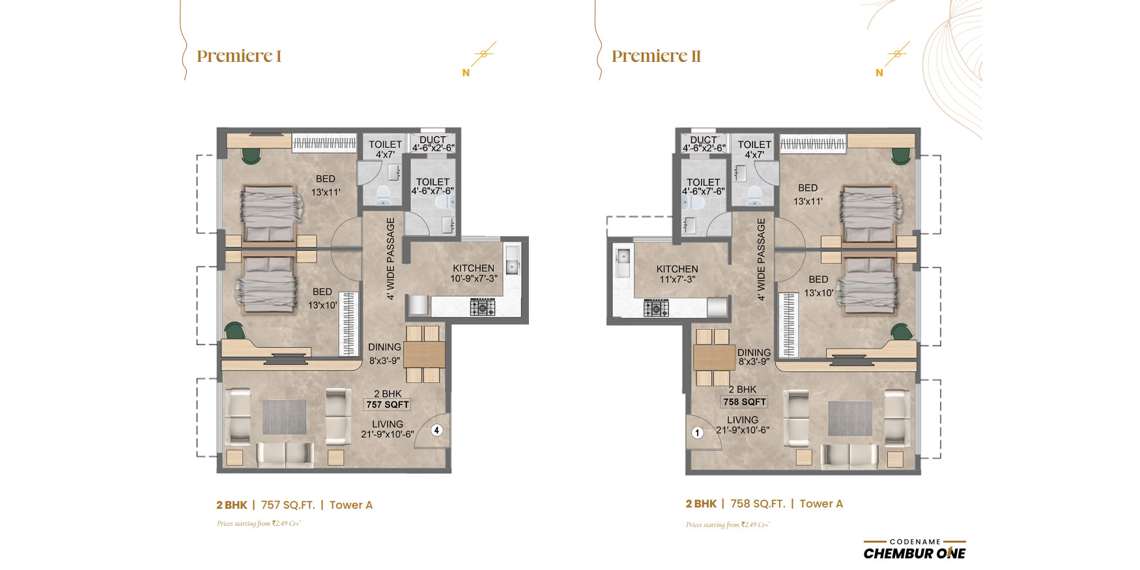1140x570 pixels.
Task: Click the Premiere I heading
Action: coord(239,56)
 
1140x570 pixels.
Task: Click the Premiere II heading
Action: coord(656,56)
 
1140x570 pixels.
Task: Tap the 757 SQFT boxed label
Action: coord(388,405)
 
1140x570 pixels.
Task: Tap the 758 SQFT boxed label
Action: coord(745,402)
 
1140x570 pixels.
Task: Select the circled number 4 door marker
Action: coord(437,430)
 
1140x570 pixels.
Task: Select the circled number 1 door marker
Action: coord(698,433)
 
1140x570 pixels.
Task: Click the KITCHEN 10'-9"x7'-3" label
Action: coord(474,273)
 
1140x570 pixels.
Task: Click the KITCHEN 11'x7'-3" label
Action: coord(677,274)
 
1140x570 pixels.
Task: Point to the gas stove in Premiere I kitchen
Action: coord(483,307)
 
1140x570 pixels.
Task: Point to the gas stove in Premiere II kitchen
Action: coord(656,308)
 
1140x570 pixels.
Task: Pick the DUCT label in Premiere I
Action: coord(433,139)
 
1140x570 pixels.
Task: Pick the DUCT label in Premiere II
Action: coord(704,139)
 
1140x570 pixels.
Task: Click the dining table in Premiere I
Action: coord(424,354)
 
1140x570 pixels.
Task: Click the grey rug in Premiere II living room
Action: coord(850,418)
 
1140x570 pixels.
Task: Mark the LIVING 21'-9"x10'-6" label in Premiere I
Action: coord(388,429)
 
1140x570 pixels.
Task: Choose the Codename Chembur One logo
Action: coord(915,549)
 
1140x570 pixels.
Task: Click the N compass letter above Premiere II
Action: coord(879,73)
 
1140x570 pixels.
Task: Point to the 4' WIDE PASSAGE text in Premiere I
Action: coord(391,259)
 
